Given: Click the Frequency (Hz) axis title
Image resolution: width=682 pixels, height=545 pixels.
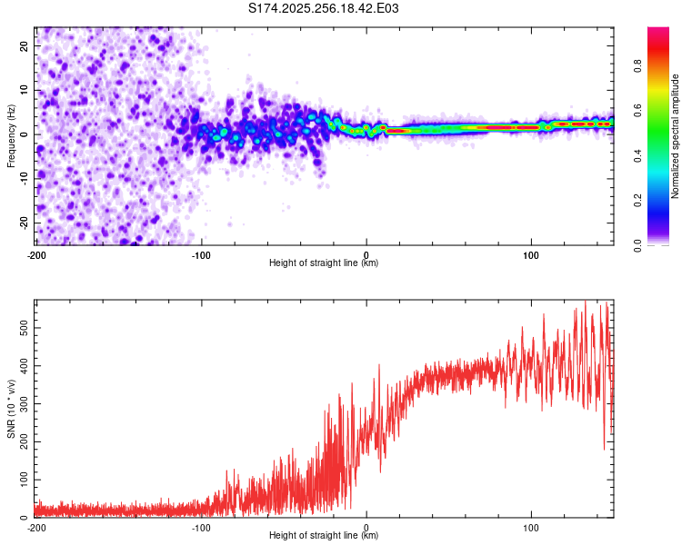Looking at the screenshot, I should tap(11, 136).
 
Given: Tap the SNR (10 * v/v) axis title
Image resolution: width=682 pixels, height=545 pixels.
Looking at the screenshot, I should tap(11, 408).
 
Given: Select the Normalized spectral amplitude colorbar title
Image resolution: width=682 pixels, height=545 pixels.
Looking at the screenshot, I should tap(676, 136).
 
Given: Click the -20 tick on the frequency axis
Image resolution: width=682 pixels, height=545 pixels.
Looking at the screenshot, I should tap(23, 223).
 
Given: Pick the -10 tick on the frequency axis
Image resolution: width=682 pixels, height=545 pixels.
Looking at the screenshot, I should tap(23, 179).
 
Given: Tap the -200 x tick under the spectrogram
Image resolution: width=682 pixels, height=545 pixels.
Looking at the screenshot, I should tap(36, 253).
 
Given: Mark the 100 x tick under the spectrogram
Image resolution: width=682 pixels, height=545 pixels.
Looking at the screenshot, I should tap(531, 253).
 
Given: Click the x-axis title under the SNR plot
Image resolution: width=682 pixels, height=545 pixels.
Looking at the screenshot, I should tap(325, 536).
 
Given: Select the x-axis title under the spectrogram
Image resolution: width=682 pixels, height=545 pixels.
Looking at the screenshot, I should tap(325, 263).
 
